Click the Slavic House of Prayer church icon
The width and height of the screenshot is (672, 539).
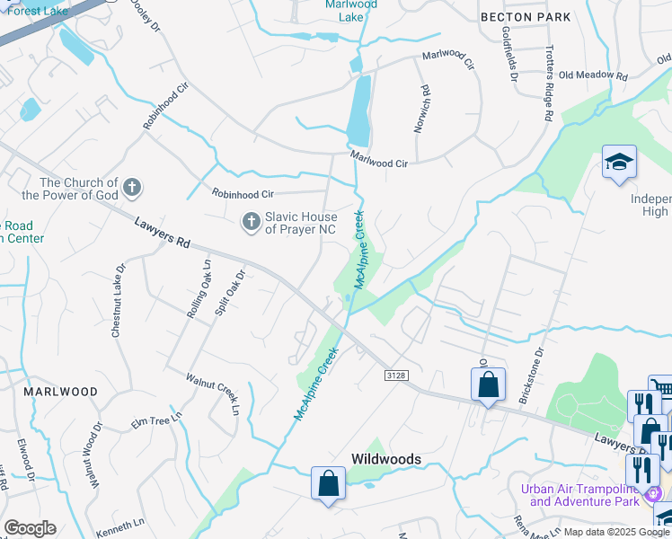(x=252, y=219)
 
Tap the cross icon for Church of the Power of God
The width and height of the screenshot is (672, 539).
(x=131, y=188)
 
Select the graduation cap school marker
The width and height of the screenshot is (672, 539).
(x=619, y=163)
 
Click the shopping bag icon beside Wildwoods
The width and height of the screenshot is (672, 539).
(x=329, y=482)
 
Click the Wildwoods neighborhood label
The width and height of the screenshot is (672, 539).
(x=385, y=459)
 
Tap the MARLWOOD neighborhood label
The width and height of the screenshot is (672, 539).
(x=60, y=392)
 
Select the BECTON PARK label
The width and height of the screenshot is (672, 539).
(x=526, y=17)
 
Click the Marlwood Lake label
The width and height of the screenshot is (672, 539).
(x=351, y=10)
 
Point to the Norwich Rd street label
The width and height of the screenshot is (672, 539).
(x=420, y=110)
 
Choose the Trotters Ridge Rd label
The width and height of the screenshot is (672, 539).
(x=545, y=84)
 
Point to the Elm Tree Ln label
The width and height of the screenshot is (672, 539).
(x=156, y=418)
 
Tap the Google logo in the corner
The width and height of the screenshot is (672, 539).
(x=30, y=528)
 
